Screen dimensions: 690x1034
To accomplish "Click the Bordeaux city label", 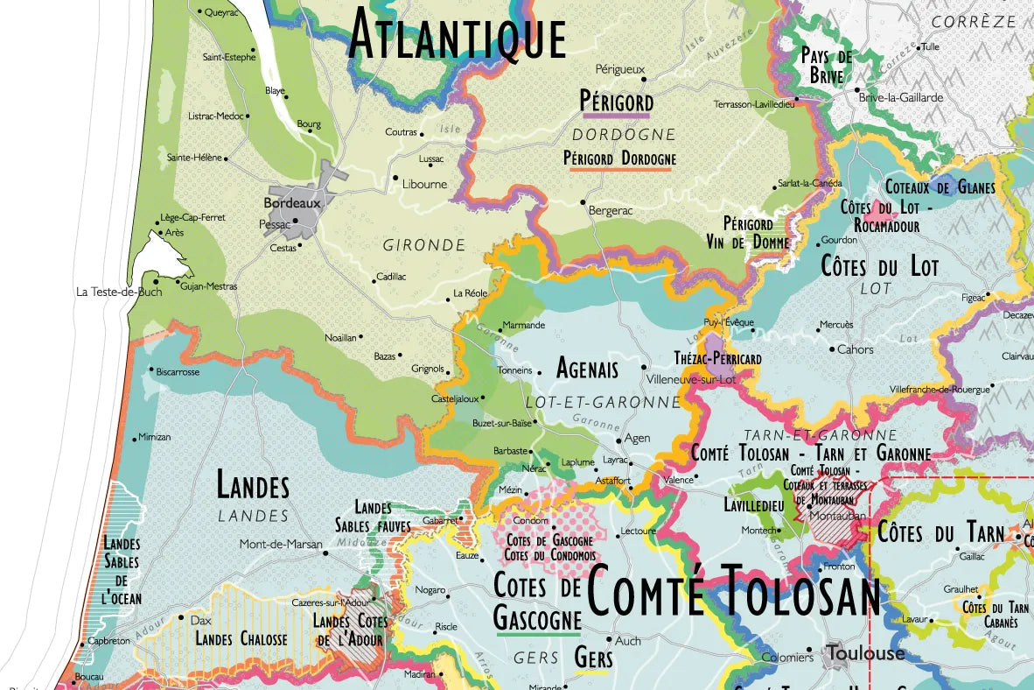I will click(x=293, y=202).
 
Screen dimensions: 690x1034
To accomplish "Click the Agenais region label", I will click(x=587, y=368).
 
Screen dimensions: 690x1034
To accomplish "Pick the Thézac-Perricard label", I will click(x=717, y=358).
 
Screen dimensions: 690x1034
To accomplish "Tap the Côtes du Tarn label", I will click(x=940, y=532).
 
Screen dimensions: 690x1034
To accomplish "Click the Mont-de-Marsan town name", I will click(x=281, y=544).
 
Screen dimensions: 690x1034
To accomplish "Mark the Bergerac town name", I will click(x=611, y=212).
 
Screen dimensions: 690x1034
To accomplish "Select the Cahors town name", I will click(x=855, y=349).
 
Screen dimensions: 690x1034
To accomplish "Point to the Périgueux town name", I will click(x=619, y=68).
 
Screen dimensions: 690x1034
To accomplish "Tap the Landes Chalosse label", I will click(x=241, y=639).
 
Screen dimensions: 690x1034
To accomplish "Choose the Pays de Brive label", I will click(x=827, y=66).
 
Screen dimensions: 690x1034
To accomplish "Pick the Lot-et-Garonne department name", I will click(x=603, y=402).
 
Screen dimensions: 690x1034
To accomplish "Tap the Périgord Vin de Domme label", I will click(x=748, y=233).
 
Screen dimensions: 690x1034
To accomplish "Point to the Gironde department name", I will click(x=424, y=246).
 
